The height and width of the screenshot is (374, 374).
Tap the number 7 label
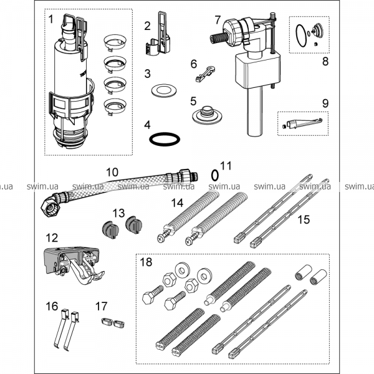(x=217, y=20)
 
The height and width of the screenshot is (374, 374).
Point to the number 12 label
(x=52, y=237)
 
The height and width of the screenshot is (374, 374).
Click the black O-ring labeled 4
(x=165, y=137)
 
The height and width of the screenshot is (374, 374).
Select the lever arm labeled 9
(x=302, y=123)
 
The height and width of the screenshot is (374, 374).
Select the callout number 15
(x=304, y=219)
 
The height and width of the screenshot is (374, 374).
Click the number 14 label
(x=177, y=202)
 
